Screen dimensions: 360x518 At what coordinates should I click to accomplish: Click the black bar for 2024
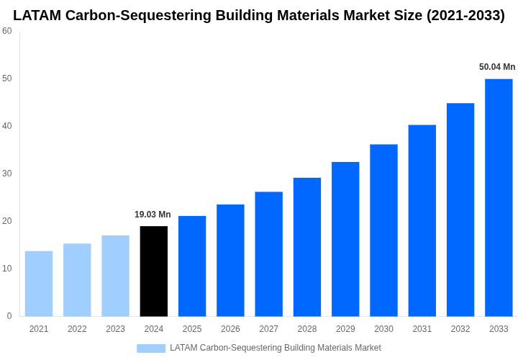click(154, 271)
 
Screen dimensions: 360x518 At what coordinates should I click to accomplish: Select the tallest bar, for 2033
click(499, 198)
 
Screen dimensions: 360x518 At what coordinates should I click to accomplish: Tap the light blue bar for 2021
click(39, 284)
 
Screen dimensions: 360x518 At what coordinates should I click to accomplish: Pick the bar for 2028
click(307, 247)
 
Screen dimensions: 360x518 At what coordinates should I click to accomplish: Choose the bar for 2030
click(383, 230)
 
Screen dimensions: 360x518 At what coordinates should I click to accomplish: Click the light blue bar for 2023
click(115, 276)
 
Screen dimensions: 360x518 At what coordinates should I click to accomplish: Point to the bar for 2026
click(230, 261)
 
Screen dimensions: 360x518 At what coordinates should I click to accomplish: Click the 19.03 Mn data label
click(153, 215)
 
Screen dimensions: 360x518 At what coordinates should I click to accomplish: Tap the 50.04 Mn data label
click(497, 67)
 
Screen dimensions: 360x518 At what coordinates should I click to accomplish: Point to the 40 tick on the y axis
click(7, 126)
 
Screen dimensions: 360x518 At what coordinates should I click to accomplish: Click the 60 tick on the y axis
click(7, 31)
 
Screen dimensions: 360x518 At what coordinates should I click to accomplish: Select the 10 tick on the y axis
click(7, 269)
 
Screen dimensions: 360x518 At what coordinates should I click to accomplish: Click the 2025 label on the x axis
click(192, 329)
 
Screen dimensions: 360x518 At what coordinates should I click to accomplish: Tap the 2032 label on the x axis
click(460, 329)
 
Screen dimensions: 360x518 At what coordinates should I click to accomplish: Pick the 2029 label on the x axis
click(345, 329)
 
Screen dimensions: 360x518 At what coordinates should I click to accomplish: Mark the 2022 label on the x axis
click(77, 329)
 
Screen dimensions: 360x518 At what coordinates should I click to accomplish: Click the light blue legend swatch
click(151, 348)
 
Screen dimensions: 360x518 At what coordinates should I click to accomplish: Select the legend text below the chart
click(276, 348)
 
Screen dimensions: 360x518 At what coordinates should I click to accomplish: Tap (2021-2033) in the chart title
click(465, 15)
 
